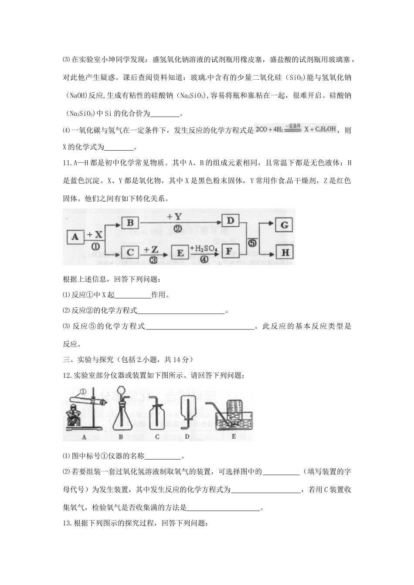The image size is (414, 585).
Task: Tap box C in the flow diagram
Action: click(x=129, y=252)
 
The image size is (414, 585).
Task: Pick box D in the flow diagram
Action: click(x=231, y=221)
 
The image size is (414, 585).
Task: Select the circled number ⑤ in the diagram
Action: click(x=252, y=244)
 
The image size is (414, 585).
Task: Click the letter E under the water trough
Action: click(x=234, y=437)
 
